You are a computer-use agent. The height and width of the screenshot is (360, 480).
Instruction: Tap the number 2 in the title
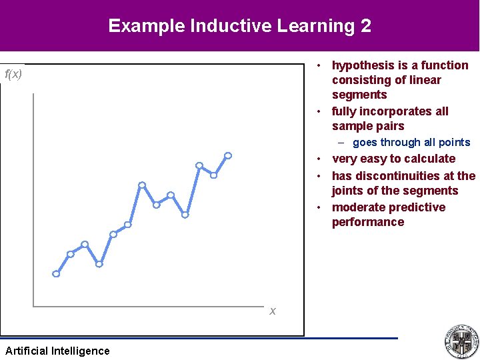365,26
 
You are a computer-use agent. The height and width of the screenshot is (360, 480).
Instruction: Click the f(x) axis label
13,74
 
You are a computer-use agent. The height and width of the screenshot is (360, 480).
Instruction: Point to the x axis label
273,311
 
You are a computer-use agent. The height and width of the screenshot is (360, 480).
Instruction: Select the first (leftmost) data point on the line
56,273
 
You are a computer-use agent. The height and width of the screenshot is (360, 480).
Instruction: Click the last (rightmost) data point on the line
228,155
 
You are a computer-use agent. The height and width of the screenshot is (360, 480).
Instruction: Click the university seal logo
461,341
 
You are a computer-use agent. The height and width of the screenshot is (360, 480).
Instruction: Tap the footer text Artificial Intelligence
57,351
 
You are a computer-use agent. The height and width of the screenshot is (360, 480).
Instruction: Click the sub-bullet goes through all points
411,142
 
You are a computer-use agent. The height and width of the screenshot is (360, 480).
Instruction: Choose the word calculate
425,159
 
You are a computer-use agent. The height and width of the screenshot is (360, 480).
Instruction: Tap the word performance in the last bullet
368,222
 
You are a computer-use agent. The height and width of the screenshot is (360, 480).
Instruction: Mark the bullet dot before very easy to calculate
321,159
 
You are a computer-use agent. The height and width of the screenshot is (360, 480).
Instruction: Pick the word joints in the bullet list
349,191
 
